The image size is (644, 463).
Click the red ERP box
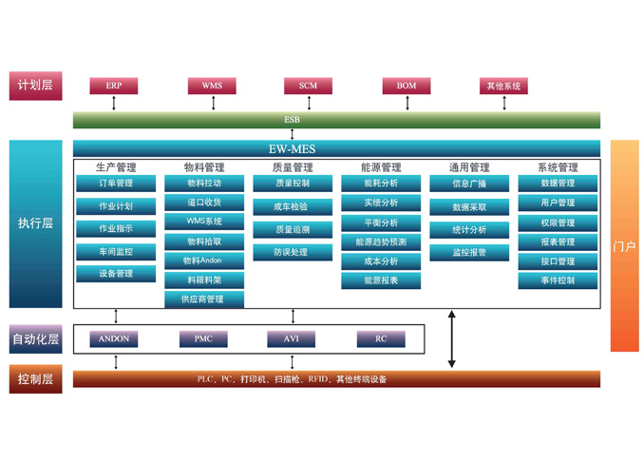point(114,86)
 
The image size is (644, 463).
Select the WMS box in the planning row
point(212,86)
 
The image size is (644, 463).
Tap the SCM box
point(308,86)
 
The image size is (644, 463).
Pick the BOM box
point(407,86)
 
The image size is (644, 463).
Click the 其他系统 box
point(503,86)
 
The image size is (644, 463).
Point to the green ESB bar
point(336,120)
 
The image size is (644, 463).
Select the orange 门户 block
point(624,246)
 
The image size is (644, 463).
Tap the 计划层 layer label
point(35,86)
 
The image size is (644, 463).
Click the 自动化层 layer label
point(35,338)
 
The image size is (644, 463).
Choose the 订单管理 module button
point(116,183)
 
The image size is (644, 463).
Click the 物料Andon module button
point(204,260)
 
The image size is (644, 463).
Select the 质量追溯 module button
point(293,229)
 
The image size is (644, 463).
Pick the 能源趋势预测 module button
point(381,241)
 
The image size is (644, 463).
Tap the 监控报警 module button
point(469,253)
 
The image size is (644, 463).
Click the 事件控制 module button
point(558,280)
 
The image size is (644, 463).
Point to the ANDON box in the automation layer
point(115,338)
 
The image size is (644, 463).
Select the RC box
point(381,338)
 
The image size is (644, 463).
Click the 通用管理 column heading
point(469,167)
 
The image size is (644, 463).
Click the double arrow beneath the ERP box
point(115,103)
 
